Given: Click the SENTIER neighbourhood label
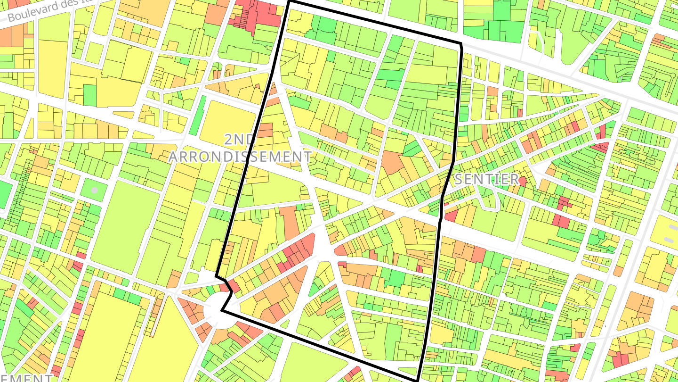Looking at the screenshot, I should pyautogui.click(x=486, y=179).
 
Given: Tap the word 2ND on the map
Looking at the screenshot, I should pyautogui.click(x=239, y=140).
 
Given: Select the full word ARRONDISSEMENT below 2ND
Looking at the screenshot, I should pyautogui.click(x=240, y=157).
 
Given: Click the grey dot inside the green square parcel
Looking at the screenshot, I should pyautogui.click(x=95, y=190).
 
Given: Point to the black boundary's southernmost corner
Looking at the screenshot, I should pyautogui.click(x=417, y=380).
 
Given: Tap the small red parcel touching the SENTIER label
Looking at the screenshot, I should pyautogui.click(x=522, y=181).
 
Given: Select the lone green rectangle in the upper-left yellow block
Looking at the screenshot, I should pyautogui.click(x=90, y=95).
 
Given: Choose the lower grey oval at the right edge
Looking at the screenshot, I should pyautogui.click(x=669, y=240).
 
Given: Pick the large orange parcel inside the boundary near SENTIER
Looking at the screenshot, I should pyautogui.click(x=392, y=163).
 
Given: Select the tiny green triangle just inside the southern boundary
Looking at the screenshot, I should pyautogui.click(x=284, y=324).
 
